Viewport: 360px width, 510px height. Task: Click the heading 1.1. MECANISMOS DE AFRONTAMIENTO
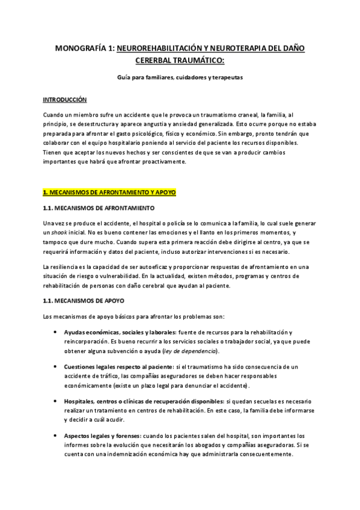coord(99,207)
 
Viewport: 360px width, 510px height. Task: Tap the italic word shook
coord(59,232)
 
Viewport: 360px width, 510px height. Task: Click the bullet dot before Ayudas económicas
coord(56,332)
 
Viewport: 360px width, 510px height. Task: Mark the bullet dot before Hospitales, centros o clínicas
coord(56,401)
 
